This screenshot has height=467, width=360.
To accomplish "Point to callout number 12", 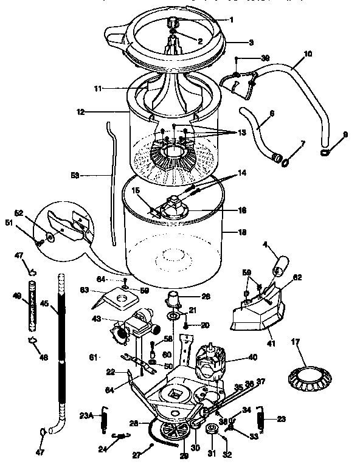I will [81, 112].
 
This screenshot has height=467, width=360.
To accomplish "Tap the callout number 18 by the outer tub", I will [226, 232].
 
